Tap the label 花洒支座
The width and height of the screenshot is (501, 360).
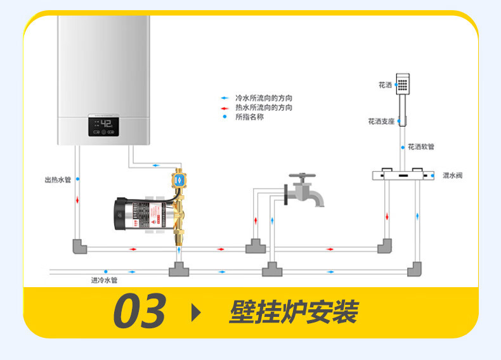tap(381, 121)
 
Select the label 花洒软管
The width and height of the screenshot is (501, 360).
tap(421, 146)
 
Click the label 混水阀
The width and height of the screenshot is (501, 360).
tap(452, 176)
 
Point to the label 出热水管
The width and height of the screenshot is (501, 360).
tap(58, 180)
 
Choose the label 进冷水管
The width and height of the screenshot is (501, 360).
tap(104, 280)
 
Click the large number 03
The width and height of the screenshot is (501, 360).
tap(140, 311)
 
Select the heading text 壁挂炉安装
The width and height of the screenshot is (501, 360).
tap(293, 312)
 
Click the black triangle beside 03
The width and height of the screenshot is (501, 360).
tap(195, 312)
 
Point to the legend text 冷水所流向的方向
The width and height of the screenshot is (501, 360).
tap(264, 98)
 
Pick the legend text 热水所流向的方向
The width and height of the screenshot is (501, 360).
tap(264, 108)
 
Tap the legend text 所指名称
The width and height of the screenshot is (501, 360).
tap(249, 117)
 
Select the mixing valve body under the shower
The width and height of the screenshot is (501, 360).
tap(402, 175)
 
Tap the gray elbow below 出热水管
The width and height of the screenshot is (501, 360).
tap(79, 246)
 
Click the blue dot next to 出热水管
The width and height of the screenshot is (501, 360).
tap(77, 180)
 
